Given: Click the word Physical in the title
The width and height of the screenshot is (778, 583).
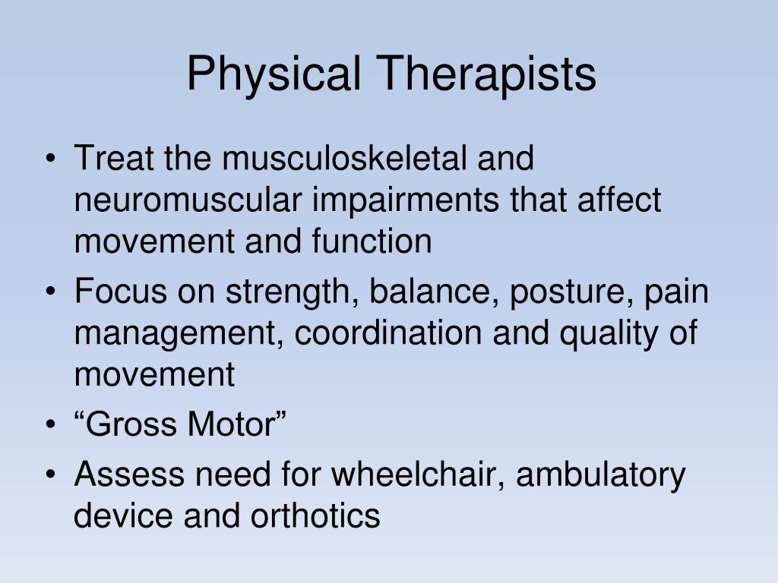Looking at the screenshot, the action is click(274, 74).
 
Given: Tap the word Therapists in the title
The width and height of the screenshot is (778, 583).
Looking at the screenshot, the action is click(485, 74).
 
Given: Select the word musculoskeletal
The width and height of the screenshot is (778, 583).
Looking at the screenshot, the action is click(344, 158).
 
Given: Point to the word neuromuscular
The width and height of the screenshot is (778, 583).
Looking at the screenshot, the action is click(188, 200).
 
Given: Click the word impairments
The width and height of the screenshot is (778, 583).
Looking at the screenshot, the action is click(406, 200).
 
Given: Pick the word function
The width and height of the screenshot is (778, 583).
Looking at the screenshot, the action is click(372, 241).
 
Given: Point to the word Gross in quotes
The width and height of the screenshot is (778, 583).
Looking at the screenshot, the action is click(127, 424).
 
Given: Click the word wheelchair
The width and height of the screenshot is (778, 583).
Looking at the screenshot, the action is click(418, 474).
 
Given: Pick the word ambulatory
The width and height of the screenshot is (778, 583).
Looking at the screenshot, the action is click(600, 475).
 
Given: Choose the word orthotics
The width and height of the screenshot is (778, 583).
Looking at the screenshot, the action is click(315, 515).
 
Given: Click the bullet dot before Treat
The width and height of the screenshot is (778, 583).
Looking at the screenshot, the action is click(50, 159).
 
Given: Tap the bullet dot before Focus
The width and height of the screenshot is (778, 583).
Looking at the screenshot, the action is click(50, 291).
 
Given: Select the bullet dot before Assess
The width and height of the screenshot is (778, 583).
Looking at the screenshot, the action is click(50, 474).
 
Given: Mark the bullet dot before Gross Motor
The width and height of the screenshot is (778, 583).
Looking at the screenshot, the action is click(50, 425).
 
